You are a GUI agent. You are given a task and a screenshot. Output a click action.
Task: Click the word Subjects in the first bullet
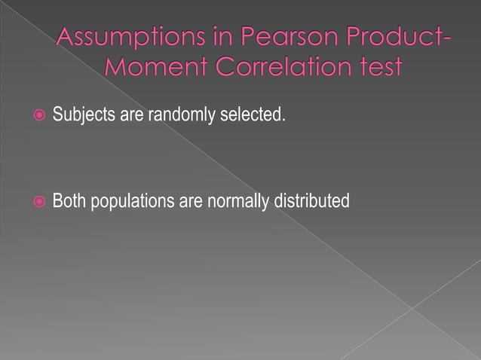[80, 117]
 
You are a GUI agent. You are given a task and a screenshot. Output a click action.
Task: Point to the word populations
[131, 202]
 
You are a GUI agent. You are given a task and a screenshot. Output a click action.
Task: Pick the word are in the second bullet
[188, 202]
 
